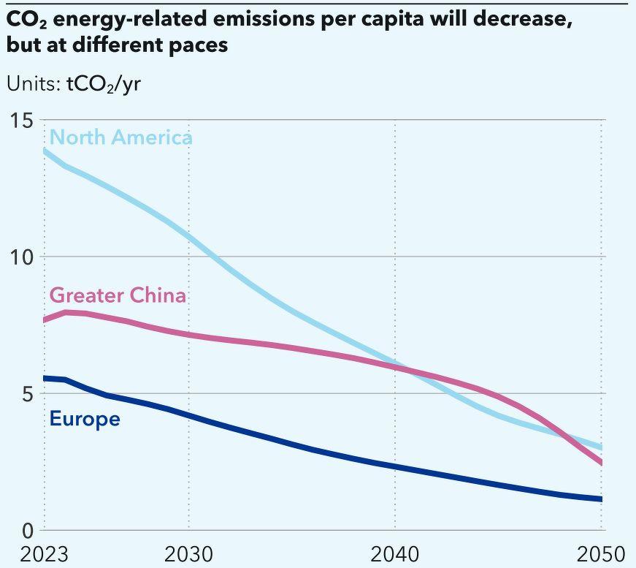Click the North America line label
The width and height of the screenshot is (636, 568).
coord(120,137)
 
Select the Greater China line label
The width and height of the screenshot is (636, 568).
coord(118,295)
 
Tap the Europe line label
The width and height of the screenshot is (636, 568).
coord(85,419)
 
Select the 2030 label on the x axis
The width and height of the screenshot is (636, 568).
coord(188,553)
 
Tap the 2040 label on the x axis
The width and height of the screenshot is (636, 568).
coord(395,553)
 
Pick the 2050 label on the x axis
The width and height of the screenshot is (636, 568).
coord(602,553)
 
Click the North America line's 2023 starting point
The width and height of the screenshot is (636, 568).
coord(45,151)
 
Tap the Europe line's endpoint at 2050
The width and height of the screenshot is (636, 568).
coord(602,499)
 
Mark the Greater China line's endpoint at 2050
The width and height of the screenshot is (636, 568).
coord(602,462)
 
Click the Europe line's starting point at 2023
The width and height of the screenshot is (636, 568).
coord(45,378)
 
